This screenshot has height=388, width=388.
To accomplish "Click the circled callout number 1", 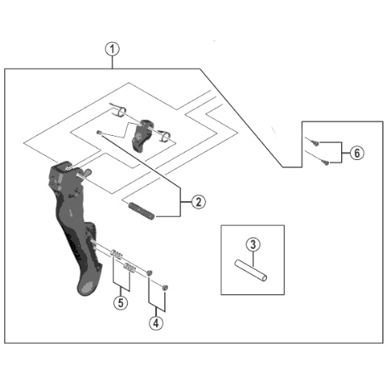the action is (112, 49).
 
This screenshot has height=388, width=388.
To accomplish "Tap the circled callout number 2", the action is (199, 201).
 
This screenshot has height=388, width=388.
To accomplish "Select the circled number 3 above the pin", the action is (253, 245).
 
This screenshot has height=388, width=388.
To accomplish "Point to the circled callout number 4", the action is (156, 323).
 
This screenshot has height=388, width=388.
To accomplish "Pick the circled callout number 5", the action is (120, 302).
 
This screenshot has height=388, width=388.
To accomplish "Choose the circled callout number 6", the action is (356, 153).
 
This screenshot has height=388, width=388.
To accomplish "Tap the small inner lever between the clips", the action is (142, 136).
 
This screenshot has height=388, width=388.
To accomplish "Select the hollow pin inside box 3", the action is (251, 270).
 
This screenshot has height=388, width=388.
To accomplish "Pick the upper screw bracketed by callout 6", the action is (316, 143).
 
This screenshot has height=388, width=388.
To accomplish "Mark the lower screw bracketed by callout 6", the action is (326, 162).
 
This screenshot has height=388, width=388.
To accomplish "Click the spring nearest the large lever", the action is (116, 254).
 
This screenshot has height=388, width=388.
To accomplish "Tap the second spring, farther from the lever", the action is (129, 268).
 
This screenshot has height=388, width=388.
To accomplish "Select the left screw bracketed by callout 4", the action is (150, 272).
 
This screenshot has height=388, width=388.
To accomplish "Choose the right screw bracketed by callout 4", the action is (165, 287).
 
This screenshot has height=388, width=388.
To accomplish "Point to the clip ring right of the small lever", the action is (165, 136).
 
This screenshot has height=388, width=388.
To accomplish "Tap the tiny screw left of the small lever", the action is (99, 133).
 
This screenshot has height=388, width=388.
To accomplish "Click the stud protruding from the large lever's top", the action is (87, 172).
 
